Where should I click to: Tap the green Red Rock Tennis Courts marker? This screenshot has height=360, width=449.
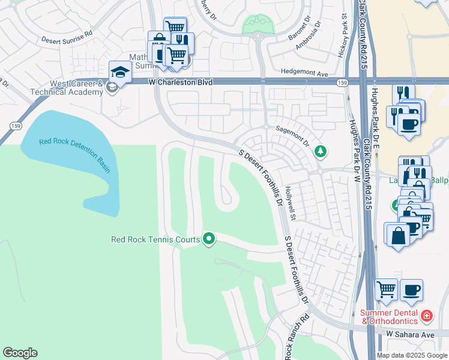pos(209,239)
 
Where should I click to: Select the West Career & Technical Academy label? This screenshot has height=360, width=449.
pos(69,88)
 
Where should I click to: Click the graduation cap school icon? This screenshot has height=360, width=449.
pos(120,73)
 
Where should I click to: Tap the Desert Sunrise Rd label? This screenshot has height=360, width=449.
pos(67,40)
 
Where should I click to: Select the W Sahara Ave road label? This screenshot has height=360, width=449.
pos(409,334)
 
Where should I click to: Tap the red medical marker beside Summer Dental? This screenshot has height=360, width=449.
pos(426,315)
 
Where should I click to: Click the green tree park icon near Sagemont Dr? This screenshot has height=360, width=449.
pos(321,151)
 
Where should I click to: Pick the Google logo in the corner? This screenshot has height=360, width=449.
pos(20,353)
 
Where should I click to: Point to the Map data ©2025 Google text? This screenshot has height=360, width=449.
pos(411,355)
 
